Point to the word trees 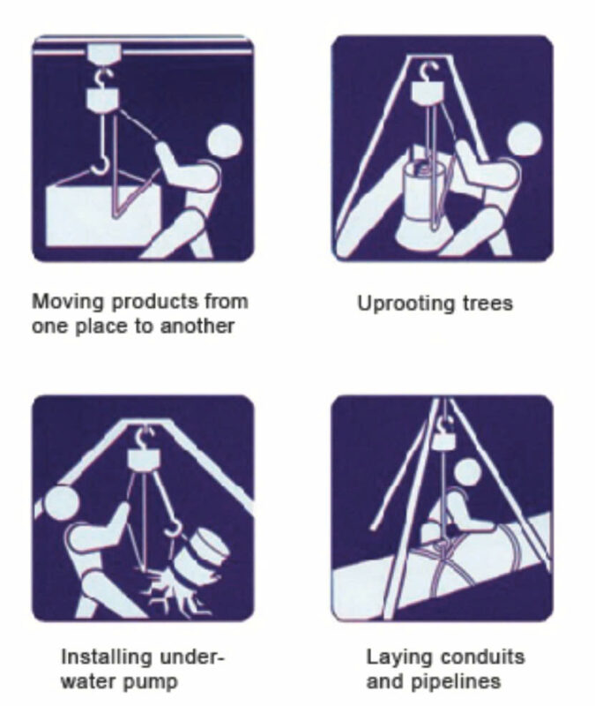488,304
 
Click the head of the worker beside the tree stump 58,502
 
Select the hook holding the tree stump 173,527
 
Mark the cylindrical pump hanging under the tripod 423,198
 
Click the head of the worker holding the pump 524,139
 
